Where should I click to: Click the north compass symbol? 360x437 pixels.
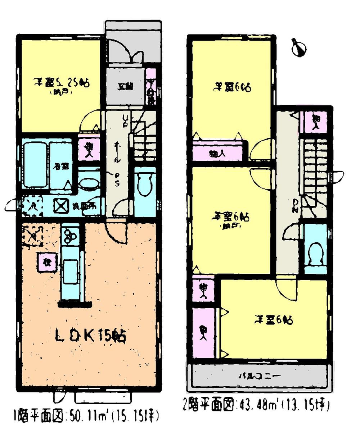tap(298, 48)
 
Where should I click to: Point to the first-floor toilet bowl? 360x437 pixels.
tap(145, 185)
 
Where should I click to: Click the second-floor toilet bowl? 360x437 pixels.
tap(316, 254)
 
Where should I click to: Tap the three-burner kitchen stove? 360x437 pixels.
tap(70, 236)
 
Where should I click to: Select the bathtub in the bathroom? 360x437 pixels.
tap(35, 165)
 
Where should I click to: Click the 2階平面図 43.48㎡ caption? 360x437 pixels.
tap(256, 406)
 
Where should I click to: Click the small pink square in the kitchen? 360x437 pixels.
tap(46, 261)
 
